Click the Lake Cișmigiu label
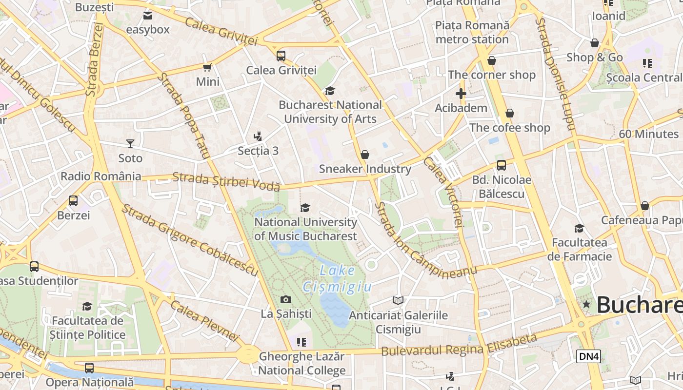click(337, 279)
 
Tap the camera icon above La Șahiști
click(286, 299)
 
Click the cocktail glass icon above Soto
click(130, 143)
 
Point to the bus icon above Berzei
click(73, 200)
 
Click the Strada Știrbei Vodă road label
click(226, 181)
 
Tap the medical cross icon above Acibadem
click(461, 93)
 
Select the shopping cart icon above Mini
click(207, 67)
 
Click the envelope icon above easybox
click(148, 16)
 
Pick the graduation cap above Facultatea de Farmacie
click(579, 228)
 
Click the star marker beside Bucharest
click(586, 305)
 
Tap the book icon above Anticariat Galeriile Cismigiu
click(398, 300)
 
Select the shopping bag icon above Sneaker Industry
click(365, 155)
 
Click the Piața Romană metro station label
click(472, 32)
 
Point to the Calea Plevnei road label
click(205, 320)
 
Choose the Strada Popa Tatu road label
click(183, 116)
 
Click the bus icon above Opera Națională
click(89, 368)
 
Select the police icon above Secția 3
click(258, 136)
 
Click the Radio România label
click(101, 176)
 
